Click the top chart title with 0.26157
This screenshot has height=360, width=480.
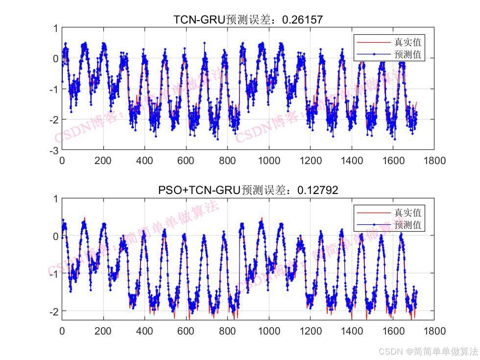(x=248, y=20)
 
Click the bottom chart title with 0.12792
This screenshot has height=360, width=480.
(x=248, y=190)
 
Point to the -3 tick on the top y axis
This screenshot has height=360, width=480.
(x=55, y=149)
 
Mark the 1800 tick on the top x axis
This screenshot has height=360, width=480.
(x=434, y=160)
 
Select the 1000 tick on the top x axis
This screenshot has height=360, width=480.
(x=269, y=160)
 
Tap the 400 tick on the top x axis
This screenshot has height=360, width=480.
(x=144, y=160)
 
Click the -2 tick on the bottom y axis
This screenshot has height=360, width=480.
(x=55, y=311)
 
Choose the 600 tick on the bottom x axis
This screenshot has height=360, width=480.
(x=186, y=331)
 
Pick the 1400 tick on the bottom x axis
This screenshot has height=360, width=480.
(x=352, y=331)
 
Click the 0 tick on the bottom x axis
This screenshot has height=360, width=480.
(x=62, y=331)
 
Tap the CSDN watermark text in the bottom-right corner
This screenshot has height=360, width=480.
(x=428, y=351)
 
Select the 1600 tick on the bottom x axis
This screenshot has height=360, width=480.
(x=393, y=331)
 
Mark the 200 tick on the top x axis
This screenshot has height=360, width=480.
(x=103, y=160)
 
